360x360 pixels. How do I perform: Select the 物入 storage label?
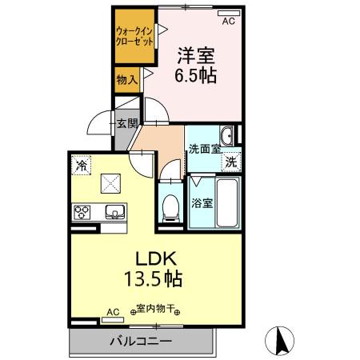click(x=126, y=79)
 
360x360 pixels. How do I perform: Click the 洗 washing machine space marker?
click(x=230, y=159)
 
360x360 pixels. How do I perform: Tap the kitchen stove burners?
click(x=82, y=213)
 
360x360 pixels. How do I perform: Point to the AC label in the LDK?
click(x=113, y=310)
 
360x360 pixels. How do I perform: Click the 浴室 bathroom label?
click(x=200, y=203)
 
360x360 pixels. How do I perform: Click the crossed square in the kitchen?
click(x=109, y=183)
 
